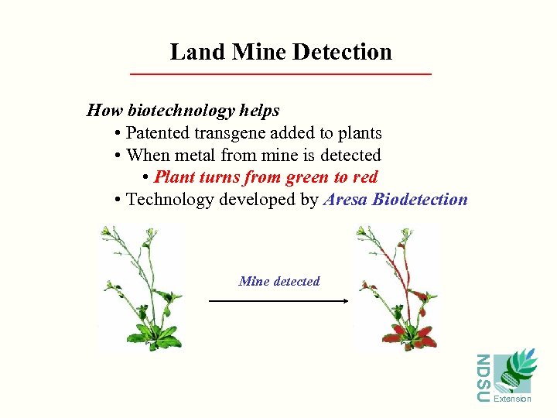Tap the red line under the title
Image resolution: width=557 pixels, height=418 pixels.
[280, 74]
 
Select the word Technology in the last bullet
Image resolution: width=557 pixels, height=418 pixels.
[170, 200]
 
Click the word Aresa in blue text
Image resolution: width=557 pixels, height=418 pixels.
[345, 200]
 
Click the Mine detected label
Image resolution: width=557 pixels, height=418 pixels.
[279, 281]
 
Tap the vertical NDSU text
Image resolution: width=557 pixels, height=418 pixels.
[483, 378]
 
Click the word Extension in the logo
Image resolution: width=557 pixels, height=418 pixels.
[512, 399]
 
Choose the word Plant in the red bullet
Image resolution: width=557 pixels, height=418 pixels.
[175, 177]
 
